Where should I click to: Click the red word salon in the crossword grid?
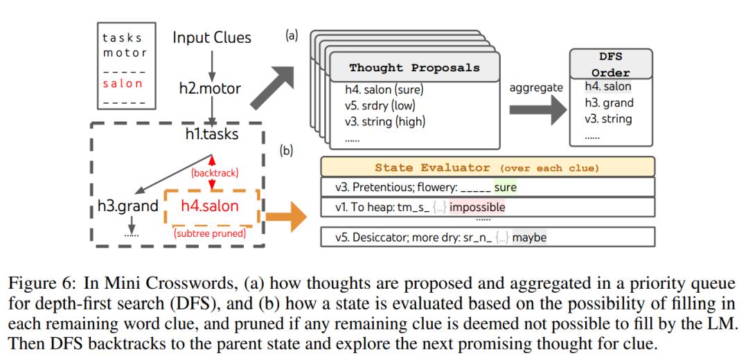pyautogui.click(x=123, y=83)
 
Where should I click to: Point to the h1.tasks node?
pyautogui.click(x=211, y=134)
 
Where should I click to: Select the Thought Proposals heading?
pyautogui.click(x=413, y=68)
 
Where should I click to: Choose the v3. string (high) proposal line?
pyautogui.click(x=386, y=121)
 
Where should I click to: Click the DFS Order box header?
pyautogui.click(x=611, y=65)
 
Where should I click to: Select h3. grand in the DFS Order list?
pyautogui.click(x=608, y=103)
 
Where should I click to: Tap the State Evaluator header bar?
pyautogui.click(x=488, y=167)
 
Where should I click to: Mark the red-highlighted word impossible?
pyautogui.click(x=478, y=206)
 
